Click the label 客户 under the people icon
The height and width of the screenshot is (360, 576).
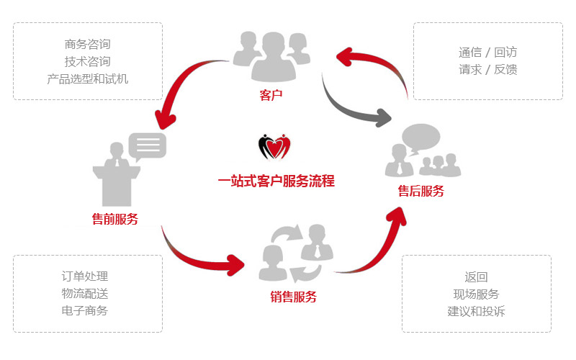click(270, 94)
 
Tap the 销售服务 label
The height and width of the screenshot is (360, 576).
click(293, 297)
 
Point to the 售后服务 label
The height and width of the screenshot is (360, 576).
click(421, 191)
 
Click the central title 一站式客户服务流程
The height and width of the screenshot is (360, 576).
click(276, 181)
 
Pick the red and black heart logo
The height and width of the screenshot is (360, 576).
click(274, 147)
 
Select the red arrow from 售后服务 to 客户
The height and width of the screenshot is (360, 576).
click(374, 61)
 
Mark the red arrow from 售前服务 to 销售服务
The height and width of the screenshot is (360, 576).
click(202, 256)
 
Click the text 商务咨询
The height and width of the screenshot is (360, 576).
click(88, 45)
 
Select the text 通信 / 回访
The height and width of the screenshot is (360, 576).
click(487, 52)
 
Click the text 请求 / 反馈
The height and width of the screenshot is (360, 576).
click(487, 70)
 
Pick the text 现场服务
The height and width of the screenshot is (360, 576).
click(476, 294)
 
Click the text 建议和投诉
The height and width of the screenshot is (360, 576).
click(476, 311)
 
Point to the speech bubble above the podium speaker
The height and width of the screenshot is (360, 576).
click(148, 145)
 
